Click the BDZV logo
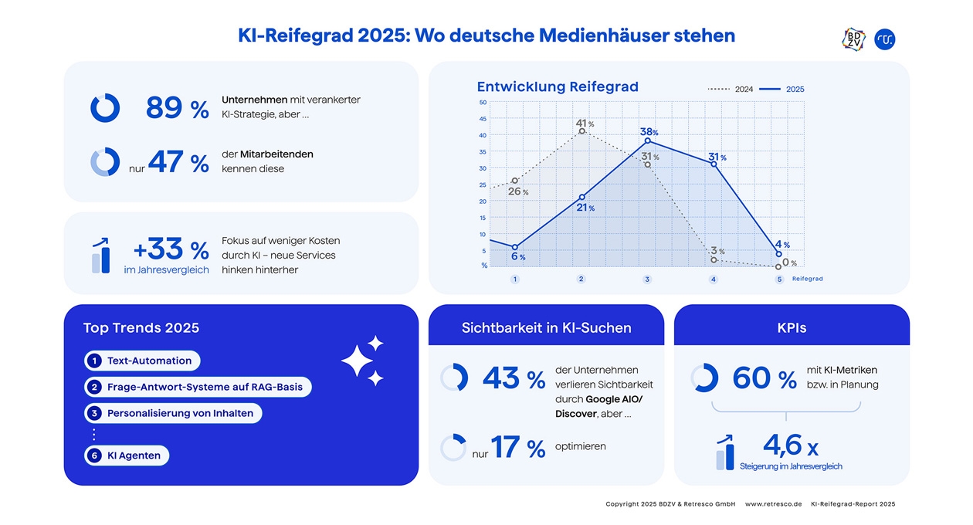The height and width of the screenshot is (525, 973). click(x=853, y=39)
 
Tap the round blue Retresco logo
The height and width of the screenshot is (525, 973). click(x=885, y=39)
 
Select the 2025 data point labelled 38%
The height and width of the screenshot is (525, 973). click(x=648, y=141)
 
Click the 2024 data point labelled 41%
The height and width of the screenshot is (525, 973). click(x=582, y=131)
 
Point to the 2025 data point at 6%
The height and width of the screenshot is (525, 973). click(x=515, y=247)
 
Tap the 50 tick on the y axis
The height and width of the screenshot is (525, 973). click(x=483, y=103)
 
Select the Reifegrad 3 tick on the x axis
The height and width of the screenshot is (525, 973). click(x=647, y=279)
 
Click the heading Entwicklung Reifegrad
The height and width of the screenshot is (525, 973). click(x=558, y=86)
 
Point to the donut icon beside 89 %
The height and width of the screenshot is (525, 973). click(x=105, y=107)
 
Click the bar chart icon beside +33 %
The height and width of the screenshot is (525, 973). click(x=100, y=256)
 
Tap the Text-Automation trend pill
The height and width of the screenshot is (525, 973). click(x=142, y=361)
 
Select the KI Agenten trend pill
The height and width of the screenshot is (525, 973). click(x=127, y=456)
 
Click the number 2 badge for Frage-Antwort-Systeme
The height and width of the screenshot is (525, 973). click(x=94, y=387)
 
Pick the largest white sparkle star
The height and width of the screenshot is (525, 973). click(x=357, y=361)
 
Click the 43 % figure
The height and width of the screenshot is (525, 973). click(x=514, y=378)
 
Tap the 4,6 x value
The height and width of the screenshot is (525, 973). click(x=791, y=445)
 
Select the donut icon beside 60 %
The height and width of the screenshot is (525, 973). click(x=704, y=378)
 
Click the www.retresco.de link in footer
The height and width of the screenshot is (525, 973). click(x=773, y=504)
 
